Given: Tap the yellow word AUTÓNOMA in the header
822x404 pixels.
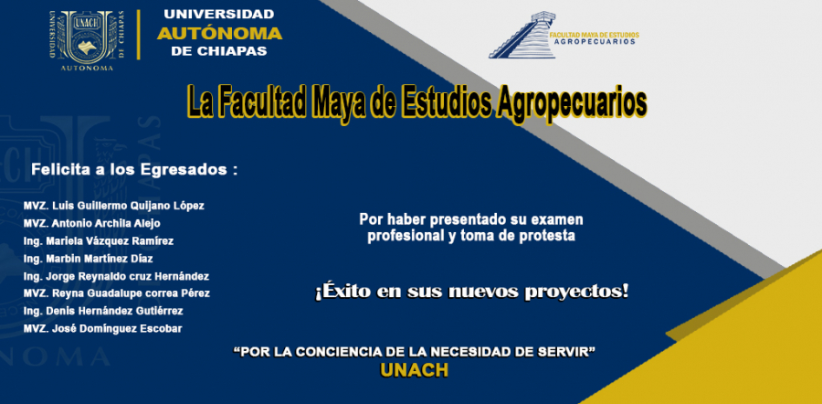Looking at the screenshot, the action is (219, 34).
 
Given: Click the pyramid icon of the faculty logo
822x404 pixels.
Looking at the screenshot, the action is (522, 35).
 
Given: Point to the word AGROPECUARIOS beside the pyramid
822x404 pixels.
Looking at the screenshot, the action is (593, 41).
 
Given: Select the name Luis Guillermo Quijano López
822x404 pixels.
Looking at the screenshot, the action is (129, 206).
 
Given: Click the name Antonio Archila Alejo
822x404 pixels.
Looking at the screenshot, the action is (107, 224).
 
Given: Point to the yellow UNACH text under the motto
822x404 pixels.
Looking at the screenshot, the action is (414, 370).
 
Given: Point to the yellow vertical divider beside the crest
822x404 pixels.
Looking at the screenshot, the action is (139, 35).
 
